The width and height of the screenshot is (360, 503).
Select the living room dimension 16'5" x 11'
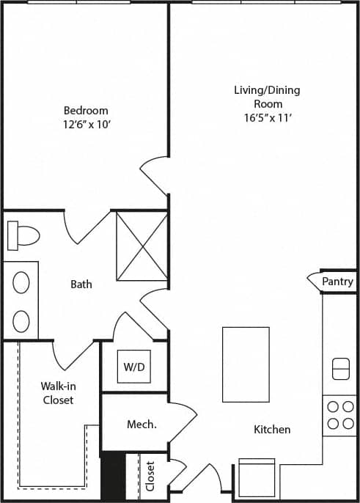[x=267, y=117]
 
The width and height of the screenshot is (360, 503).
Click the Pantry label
[x=337, y=282]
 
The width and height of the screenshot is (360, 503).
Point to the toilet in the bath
[x=23, y=235]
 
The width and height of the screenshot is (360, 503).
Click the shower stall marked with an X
[x=142, y=246]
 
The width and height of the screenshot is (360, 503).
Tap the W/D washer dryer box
[x=134, y=366]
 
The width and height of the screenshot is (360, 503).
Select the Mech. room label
[x=142, y=425]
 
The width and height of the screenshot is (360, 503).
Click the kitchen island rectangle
[x=246, y=364]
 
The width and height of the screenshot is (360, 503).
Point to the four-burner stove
[x=339, y=415]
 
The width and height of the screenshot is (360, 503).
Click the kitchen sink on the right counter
[x=341, y=369]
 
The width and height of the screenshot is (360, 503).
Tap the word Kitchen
[x=272, y=430]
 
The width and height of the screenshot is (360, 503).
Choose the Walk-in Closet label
[x=57, y=393]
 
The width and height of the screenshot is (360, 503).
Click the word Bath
[x=81, y=284]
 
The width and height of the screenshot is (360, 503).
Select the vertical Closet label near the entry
[x=151, y=476]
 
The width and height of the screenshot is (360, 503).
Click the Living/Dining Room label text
[x=267, y=97]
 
